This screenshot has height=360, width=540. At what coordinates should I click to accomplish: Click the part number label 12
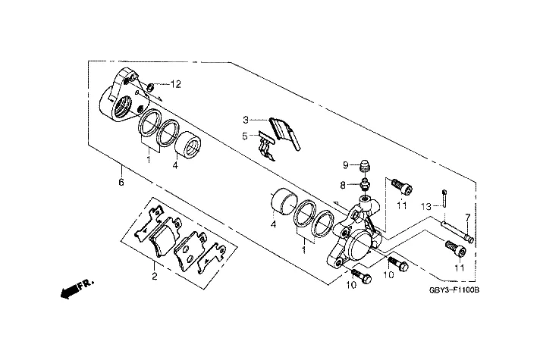[x=176, y=83]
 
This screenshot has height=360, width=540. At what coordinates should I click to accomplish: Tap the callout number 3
[x=246, y=120]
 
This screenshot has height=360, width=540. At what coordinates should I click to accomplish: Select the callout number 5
[x=246, y=136]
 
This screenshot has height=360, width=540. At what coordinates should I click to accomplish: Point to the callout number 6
[x=120, y=182]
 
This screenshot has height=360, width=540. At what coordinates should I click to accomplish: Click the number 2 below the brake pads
[x=154, y=277]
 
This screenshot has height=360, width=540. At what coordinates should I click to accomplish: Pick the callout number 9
[x=344, y=165]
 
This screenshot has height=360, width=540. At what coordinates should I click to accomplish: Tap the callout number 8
[x=344, y=184]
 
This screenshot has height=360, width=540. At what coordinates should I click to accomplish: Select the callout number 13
[x=427, y=205]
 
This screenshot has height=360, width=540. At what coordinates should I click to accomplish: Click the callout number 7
[x=468, y=218]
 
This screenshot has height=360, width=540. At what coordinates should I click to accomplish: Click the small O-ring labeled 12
[x=151, y=87]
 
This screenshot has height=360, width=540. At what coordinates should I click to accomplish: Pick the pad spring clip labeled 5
[x=266, y=144]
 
